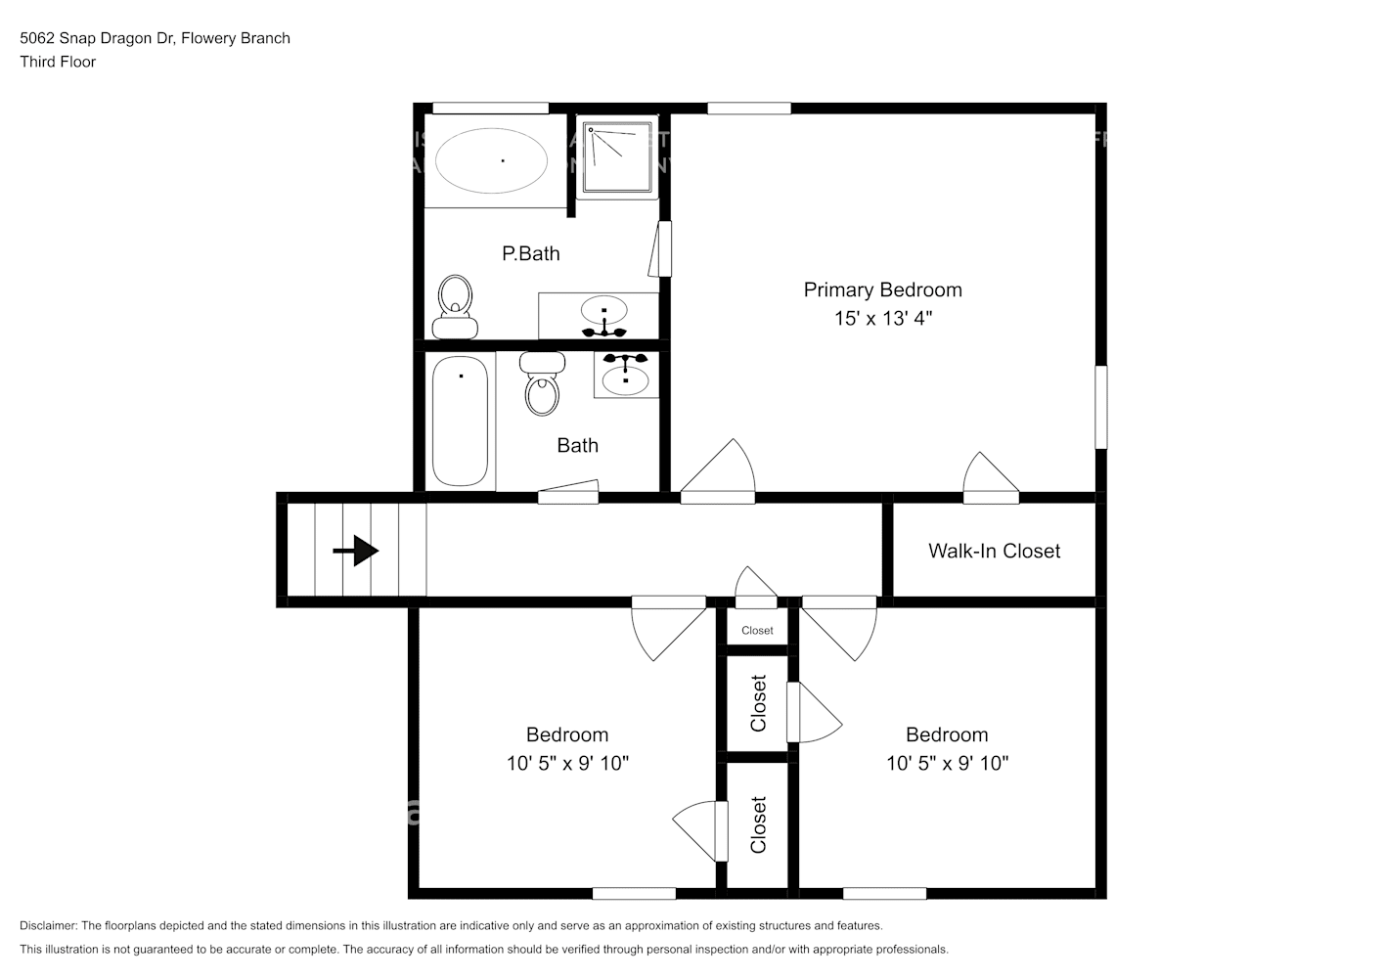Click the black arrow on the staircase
pos(356,550)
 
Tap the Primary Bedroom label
pos(882,289)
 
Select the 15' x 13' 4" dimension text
pos(883,318)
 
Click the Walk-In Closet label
pos(994,551)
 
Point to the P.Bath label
pos(530,253)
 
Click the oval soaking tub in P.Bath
pos(491,160)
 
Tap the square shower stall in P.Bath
pos(617,156)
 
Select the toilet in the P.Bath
pos(455,307)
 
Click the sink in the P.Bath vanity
pos(604,311)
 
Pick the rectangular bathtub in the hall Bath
pos(460,422)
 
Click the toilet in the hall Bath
pos(542,383)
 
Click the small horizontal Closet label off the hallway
pos(757,631)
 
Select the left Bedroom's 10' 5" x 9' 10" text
pos(567,763)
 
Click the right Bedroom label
pos(947,734)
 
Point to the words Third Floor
pos(58,62)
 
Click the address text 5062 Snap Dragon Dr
pos(98,38)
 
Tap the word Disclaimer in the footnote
pos(48,925)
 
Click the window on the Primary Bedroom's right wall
pos(1101,407)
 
